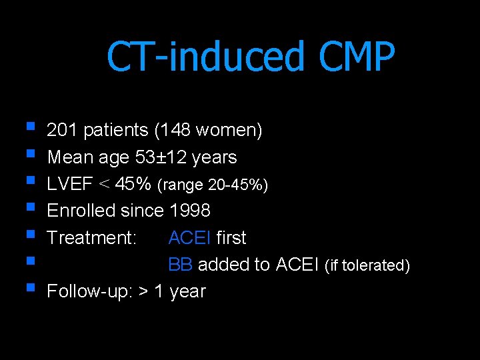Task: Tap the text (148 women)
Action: pos(208,131)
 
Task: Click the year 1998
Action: pos(190,211)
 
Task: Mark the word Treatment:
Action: pos(92,237)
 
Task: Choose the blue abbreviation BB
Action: pos(180,265)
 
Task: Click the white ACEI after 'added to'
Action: pos(297,265)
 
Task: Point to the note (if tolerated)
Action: pos(367,265)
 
